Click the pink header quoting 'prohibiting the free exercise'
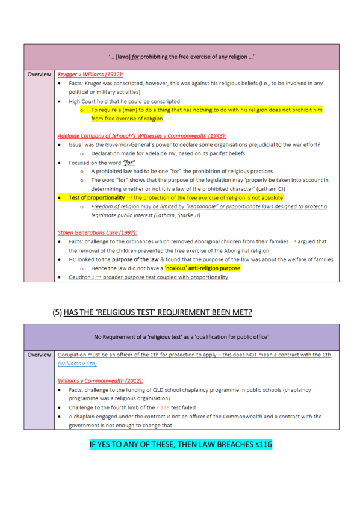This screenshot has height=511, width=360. coord(181,57)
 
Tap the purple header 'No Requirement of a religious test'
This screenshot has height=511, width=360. coord(181,335)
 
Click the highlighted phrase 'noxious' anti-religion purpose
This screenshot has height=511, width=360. coord(202,268)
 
